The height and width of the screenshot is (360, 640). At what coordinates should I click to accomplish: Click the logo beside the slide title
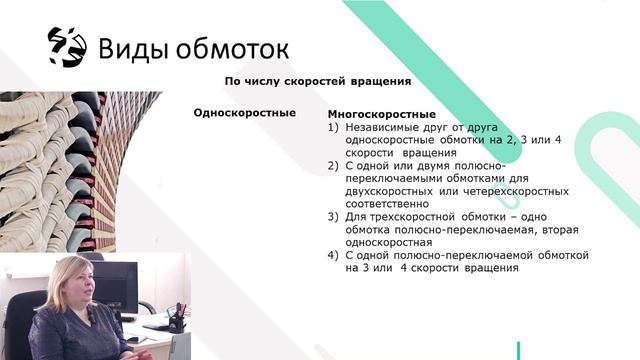[67, 46]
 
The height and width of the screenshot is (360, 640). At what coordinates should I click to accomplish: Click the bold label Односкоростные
[244, 113]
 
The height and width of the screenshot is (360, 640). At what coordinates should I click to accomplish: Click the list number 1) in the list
[334, 128]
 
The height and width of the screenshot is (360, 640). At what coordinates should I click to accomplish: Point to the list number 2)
[334, 165]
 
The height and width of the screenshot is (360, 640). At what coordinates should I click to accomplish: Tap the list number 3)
[334, 216]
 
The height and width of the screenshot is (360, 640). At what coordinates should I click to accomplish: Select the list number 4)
[334, 255]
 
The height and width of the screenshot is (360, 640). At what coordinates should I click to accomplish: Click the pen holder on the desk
[177, 319]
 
